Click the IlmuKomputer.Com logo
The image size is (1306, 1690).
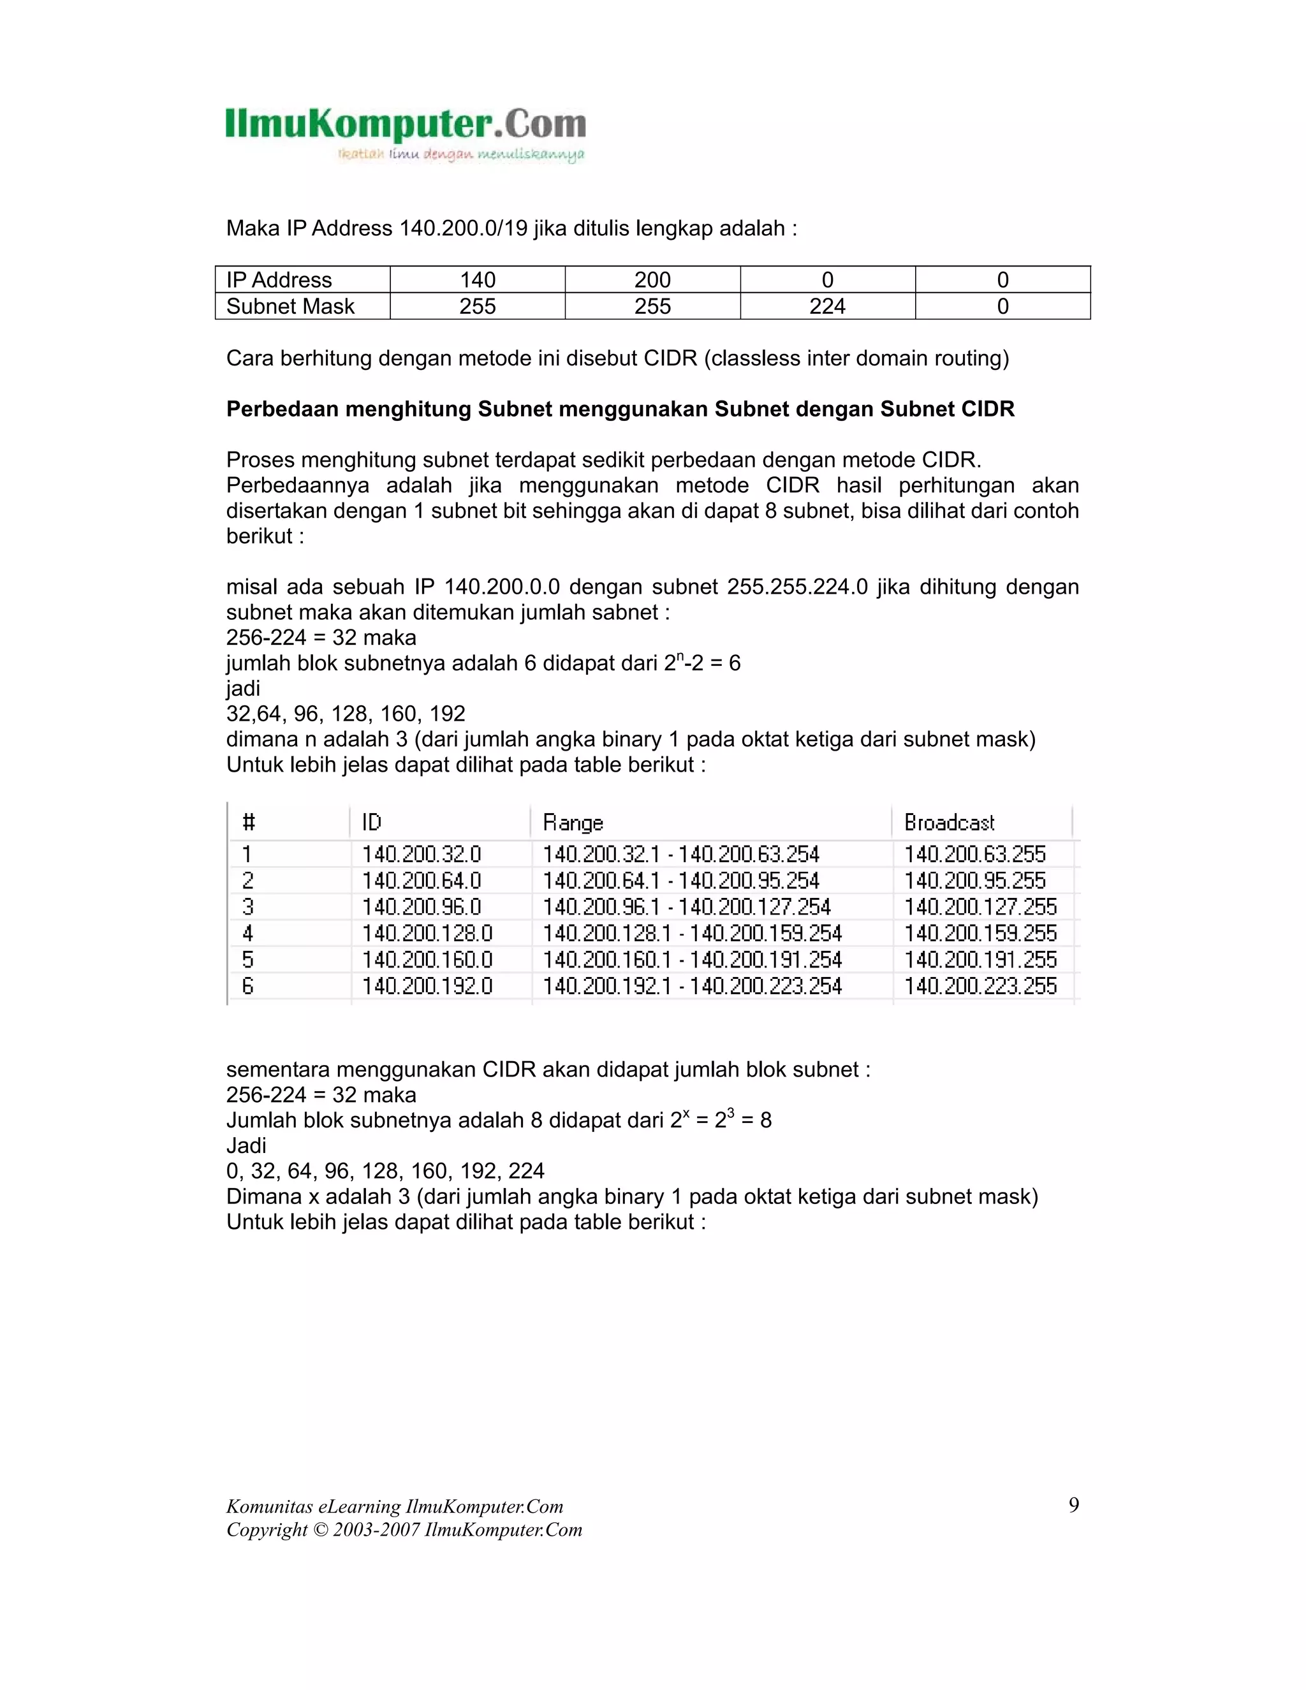(x=406, y=133)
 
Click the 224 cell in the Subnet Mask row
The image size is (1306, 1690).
(x=827, y=306)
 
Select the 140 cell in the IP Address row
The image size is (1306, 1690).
(x=478, y=280)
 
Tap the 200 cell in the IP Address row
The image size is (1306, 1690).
(x=652, y=280)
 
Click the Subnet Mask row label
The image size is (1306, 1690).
(x=290, y=306)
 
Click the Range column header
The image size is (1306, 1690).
(x=573, y=822)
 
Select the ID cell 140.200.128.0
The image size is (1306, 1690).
(x=427, y=933)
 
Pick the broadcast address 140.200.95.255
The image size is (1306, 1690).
(x=975, y=881)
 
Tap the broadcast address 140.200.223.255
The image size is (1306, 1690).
(x=980, y=986)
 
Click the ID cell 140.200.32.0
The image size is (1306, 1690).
(x=422, y=855)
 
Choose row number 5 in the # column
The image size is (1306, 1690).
(x=247, y=960)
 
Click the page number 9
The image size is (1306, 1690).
(x=1073, y=1504)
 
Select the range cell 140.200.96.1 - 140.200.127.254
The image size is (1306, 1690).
(x=686, y=907)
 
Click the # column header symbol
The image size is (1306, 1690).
(x=248, y=822)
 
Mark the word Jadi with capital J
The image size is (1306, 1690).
(x=246, y=1146)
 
